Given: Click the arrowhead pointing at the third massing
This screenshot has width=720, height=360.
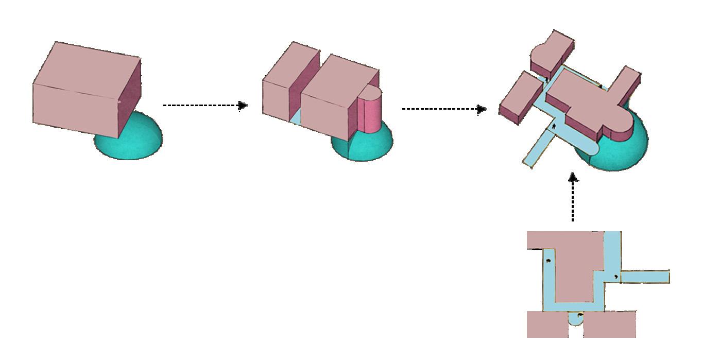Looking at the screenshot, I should [x=482, y=109].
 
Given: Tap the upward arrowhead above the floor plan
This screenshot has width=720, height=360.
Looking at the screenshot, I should [x=573, y=178].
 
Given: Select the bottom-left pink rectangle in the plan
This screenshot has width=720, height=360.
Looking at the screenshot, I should [x=547, y=324].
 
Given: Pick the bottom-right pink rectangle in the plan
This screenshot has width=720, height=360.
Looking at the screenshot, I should [x=610, y=324].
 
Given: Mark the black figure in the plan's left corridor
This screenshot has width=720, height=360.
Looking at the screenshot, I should [x=548, y=261].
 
